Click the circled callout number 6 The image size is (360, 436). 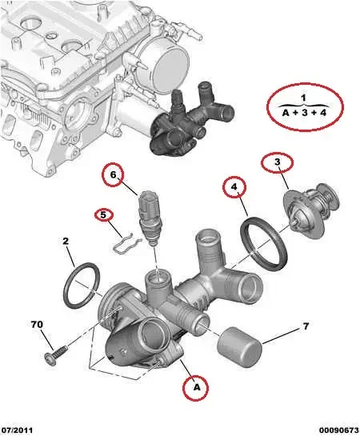pos(114,174)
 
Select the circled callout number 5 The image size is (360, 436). pos(102,214)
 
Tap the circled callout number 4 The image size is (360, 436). pos(234,190)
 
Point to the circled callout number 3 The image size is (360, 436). pos(277,163)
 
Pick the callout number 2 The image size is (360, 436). pos(66,240)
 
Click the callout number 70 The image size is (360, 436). pos(36,326)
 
